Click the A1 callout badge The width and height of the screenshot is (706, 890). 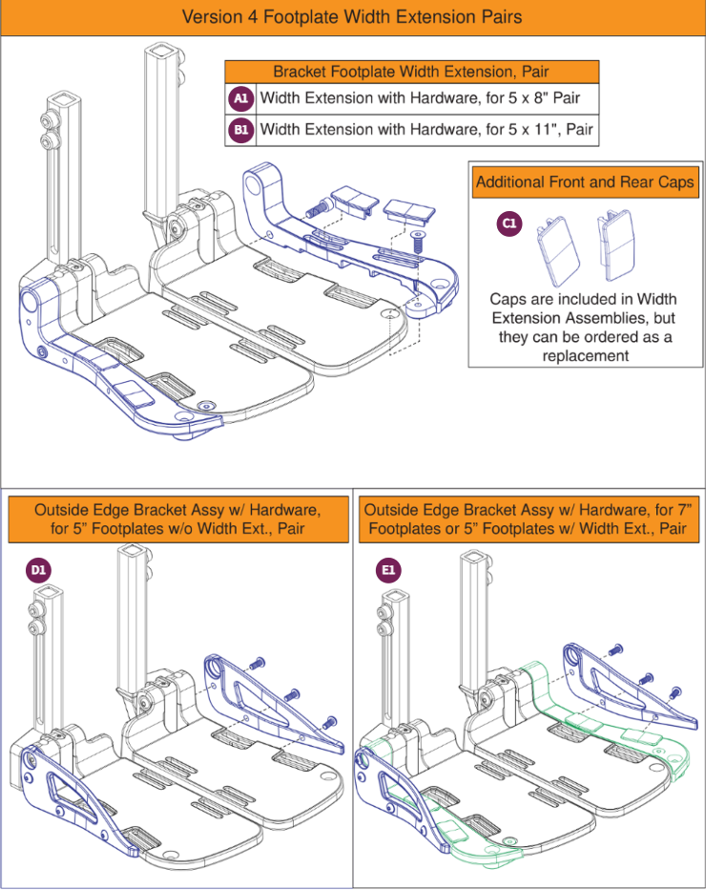[240, 98]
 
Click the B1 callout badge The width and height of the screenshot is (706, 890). [240, 130]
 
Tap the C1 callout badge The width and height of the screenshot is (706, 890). [509, 222]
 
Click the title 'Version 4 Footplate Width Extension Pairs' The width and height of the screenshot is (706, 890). [352, 17]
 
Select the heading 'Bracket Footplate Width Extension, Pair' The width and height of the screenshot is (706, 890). [411, 72]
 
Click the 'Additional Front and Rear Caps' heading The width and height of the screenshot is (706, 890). [584, 181]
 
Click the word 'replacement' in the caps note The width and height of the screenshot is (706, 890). [585, 355]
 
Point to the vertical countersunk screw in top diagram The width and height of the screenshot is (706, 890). [417, 244]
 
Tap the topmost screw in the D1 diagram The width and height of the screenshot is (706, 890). [256, 666]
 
